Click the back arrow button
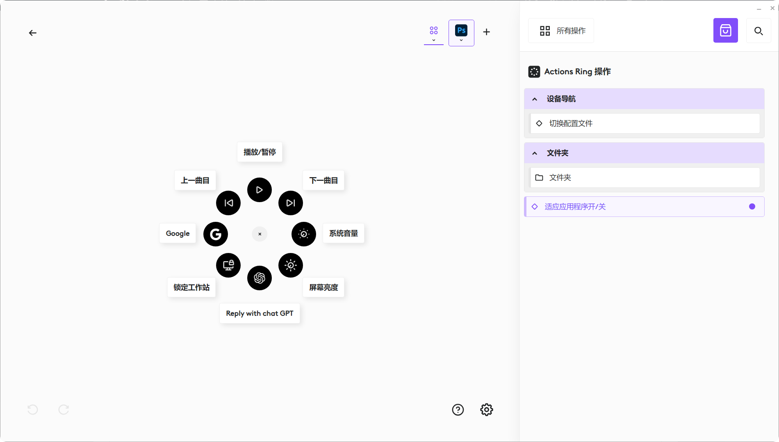click(33, 33)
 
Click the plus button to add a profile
click(487, 32)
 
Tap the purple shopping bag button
click(726, 30)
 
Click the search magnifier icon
click(758, 31)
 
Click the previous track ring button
click(228, 203)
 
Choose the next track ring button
click(291, 203)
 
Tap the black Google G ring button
click(216, 234)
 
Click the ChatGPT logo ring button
click(260, 278)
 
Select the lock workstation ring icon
click(228, 265)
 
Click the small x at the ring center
click(260, 234)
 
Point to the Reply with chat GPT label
click(260, 313)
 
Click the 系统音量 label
click(344, 233)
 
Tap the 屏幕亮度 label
click(323, 287)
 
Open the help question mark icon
click(458, 410)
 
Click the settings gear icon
click(487, 410)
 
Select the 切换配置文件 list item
click(645, 123)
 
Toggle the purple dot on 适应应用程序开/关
click(752, 207)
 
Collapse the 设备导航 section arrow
click(535, 99)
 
